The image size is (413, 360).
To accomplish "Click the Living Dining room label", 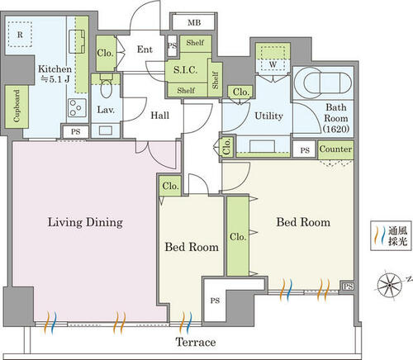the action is point(85,222).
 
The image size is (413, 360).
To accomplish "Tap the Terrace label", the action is point(196,342).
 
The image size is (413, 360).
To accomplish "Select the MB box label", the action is point(194,22).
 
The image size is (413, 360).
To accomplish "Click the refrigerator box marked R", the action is point(20,34).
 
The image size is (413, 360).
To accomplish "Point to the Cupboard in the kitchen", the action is point(17,107).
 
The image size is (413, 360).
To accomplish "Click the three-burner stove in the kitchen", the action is point(77,107).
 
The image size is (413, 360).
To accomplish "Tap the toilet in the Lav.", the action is point(107,86).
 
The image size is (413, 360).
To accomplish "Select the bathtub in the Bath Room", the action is point(323,83).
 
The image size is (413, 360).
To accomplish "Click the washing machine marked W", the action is point(273,59).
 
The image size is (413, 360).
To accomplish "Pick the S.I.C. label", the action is point(186,70).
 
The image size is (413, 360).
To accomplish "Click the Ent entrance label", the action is point(145,50).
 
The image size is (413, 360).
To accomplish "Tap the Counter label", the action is point(335,149).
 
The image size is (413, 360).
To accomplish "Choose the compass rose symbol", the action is point(389,284).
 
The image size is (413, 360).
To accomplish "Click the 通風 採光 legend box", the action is point(391,235).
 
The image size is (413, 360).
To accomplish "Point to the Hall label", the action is point(160,115).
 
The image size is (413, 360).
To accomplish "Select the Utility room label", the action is point(268,116).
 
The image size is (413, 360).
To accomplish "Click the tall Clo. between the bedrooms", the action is point(238,236).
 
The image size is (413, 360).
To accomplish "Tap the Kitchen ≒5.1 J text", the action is point(55,73).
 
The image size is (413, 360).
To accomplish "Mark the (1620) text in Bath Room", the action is point(336,129).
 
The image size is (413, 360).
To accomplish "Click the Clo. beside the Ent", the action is point(106,53).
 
